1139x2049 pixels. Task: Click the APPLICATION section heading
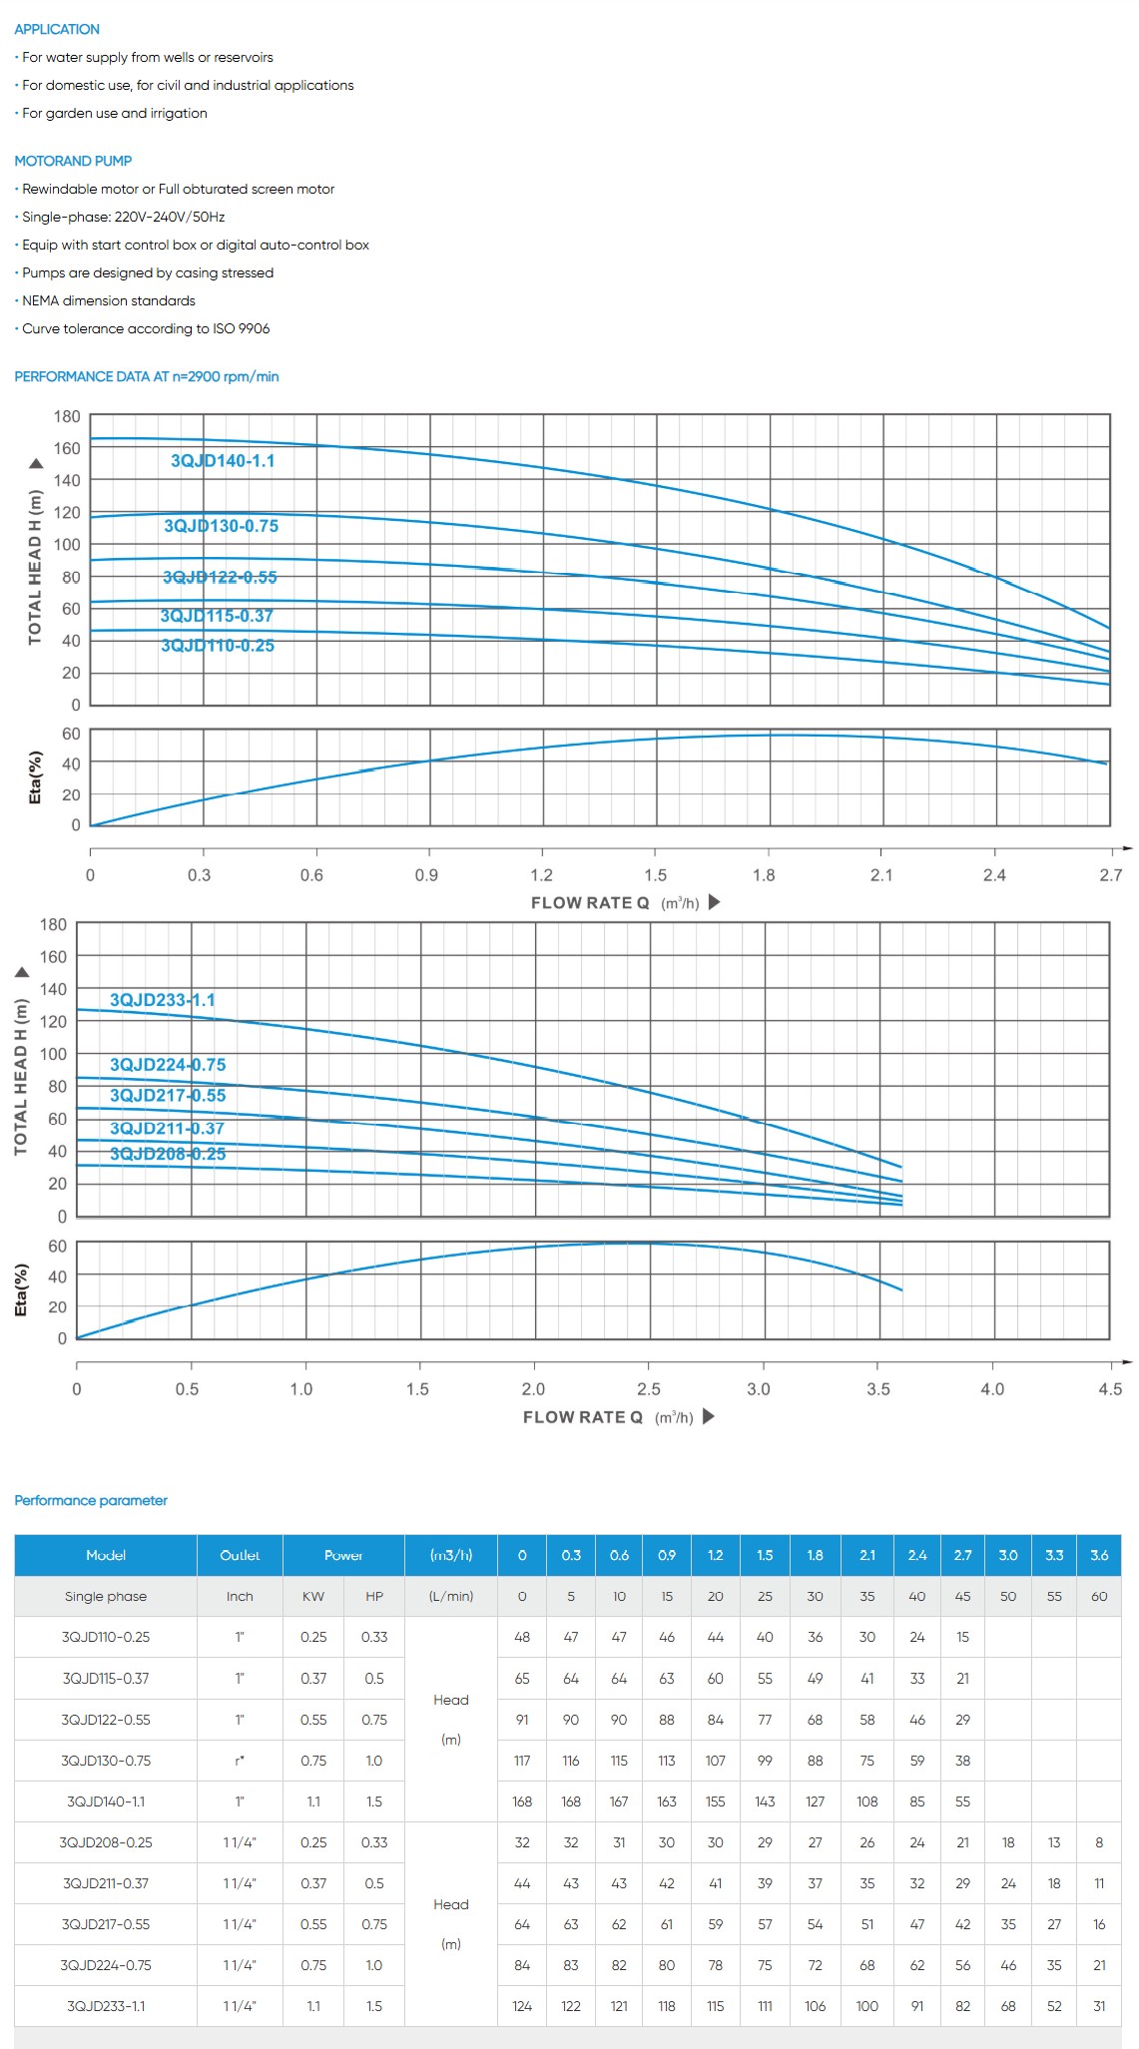pyautogui.click(x=57, y=29)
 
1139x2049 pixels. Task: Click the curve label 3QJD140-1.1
pyautogui.click(x=223, y=461)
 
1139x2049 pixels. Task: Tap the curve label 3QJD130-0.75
pyautogui.click(x=221, y=526)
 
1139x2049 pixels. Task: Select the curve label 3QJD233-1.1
pyautogui.click(x=163, y=1000)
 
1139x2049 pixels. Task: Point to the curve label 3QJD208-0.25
pyautogui.click(x=168, y=1154)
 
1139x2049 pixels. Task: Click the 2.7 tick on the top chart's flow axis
pyautogui.click(x=1110, y=875)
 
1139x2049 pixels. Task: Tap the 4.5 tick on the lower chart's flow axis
pyautogui.click(x=1110, y=1389)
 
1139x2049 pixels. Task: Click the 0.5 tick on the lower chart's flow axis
pyautogui.click(x=187, y=1389)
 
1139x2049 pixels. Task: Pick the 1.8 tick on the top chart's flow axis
pyautogui.click(x=764, y=875)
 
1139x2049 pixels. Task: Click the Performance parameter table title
pyautogui.click(x=91, y=1500)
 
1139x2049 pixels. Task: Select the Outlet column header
pyautogui.click(x=240, y=1555)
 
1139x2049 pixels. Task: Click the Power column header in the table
pyautogui.click(x=343, y=1555)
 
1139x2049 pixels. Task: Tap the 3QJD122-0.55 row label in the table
pyautogui.click(x=106, y=1720)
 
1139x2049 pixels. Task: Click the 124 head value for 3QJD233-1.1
pyautogui.click(x=522, y=2006)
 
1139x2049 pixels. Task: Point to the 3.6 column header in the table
pyautogui.click(x=1099, y=1555)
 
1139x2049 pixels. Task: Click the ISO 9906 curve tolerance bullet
pyautogui.click(x=146, y=328)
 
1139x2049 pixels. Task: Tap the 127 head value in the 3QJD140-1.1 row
pyautogui.click(x=815, y=1801)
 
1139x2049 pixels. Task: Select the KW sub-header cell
pyautogui.click(x=313, y=1596)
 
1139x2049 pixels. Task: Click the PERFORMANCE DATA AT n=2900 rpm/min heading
pyautogui.click(x=147, y=376)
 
